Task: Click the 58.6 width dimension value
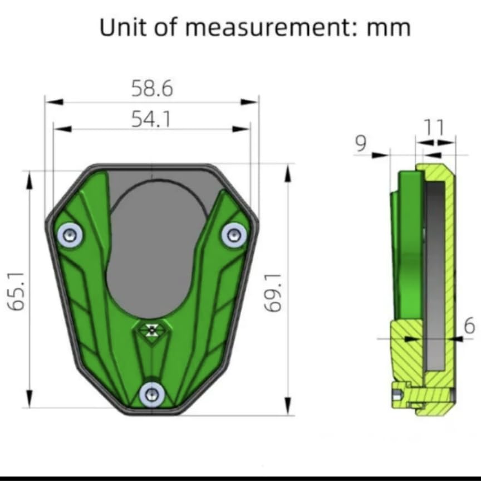click(x=152, y=89)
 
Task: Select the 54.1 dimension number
click(x=151, y=119)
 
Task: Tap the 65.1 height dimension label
click(x=18, y=291)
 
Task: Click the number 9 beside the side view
click(x=360, y=144)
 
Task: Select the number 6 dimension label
click(x=469, y=325)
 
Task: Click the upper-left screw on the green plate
click(x=70, y=235)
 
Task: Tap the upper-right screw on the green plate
click(x=233, y=235)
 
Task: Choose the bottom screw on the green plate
click(x=151, y=395)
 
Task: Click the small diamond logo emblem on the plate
click(x=150, y=331)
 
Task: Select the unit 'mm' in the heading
click(x=389, y=28)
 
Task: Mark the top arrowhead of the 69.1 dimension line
click(x=288, y=173)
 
